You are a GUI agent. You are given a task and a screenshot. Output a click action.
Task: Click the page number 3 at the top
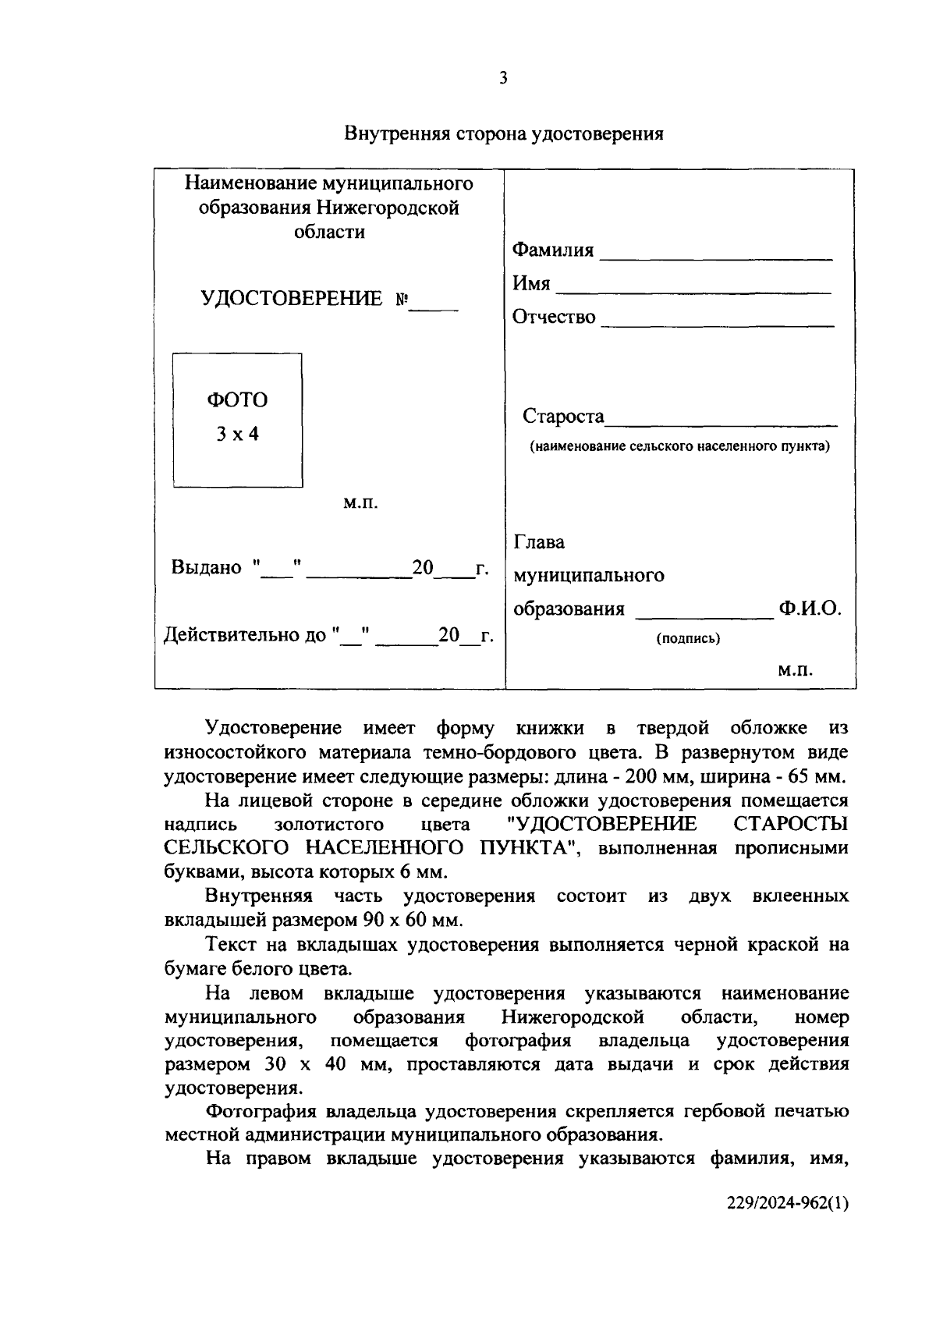pos(503,78)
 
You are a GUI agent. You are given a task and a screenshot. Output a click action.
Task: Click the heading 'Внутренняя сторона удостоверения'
pos(504,134)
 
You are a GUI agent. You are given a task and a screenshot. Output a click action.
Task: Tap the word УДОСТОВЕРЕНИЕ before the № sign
pos(292,299)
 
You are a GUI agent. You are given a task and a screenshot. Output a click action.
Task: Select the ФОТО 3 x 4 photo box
pos(237,420)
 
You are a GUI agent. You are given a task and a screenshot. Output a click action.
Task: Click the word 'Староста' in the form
pos(563,417)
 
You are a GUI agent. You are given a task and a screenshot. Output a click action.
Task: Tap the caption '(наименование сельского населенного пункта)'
pos(679,447)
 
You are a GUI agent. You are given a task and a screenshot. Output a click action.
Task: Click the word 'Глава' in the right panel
pos(539,542)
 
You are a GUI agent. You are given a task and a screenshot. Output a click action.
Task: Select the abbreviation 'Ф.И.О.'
pos(810,609)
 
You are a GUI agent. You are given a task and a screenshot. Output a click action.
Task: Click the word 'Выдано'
pos(206,567)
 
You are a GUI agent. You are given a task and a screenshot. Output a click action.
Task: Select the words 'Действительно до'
pos(245,635)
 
